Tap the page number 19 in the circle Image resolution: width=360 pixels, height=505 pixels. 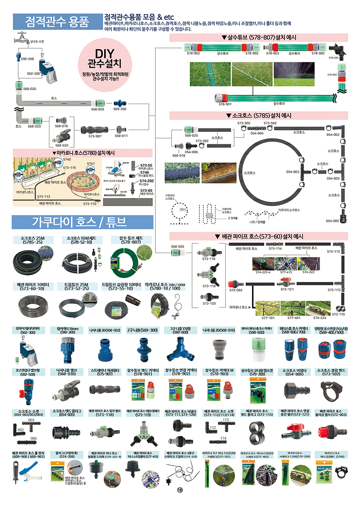(x=180, y=490)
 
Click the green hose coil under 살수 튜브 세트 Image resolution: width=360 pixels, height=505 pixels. (x=126, y=259)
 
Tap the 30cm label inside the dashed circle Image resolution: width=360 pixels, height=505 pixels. (x=183, y=210)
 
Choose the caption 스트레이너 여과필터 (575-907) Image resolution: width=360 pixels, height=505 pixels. (x=104, y=372)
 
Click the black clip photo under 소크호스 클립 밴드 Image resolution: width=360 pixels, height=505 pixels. (x=332, y=388)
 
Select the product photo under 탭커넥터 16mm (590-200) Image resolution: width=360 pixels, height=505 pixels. (x=66, y=350)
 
